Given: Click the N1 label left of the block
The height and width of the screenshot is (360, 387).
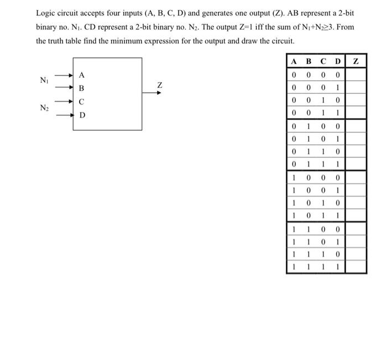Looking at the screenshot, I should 45,81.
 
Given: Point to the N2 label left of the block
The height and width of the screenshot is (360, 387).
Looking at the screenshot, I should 45,108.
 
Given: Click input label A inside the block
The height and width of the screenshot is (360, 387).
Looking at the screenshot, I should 82,75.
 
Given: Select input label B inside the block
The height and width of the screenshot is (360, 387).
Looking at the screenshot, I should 82,88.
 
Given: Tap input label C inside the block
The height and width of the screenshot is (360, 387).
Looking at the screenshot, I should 82,102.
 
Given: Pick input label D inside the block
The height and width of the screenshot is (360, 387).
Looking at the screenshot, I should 82,115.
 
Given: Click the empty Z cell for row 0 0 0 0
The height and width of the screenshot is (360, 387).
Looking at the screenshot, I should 356,75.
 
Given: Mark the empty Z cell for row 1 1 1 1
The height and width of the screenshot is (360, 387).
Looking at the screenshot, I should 356,267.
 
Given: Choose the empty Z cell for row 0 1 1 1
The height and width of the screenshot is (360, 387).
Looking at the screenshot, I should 356,165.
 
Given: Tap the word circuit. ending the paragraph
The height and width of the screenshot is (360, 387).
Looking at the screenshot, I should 281,41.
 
